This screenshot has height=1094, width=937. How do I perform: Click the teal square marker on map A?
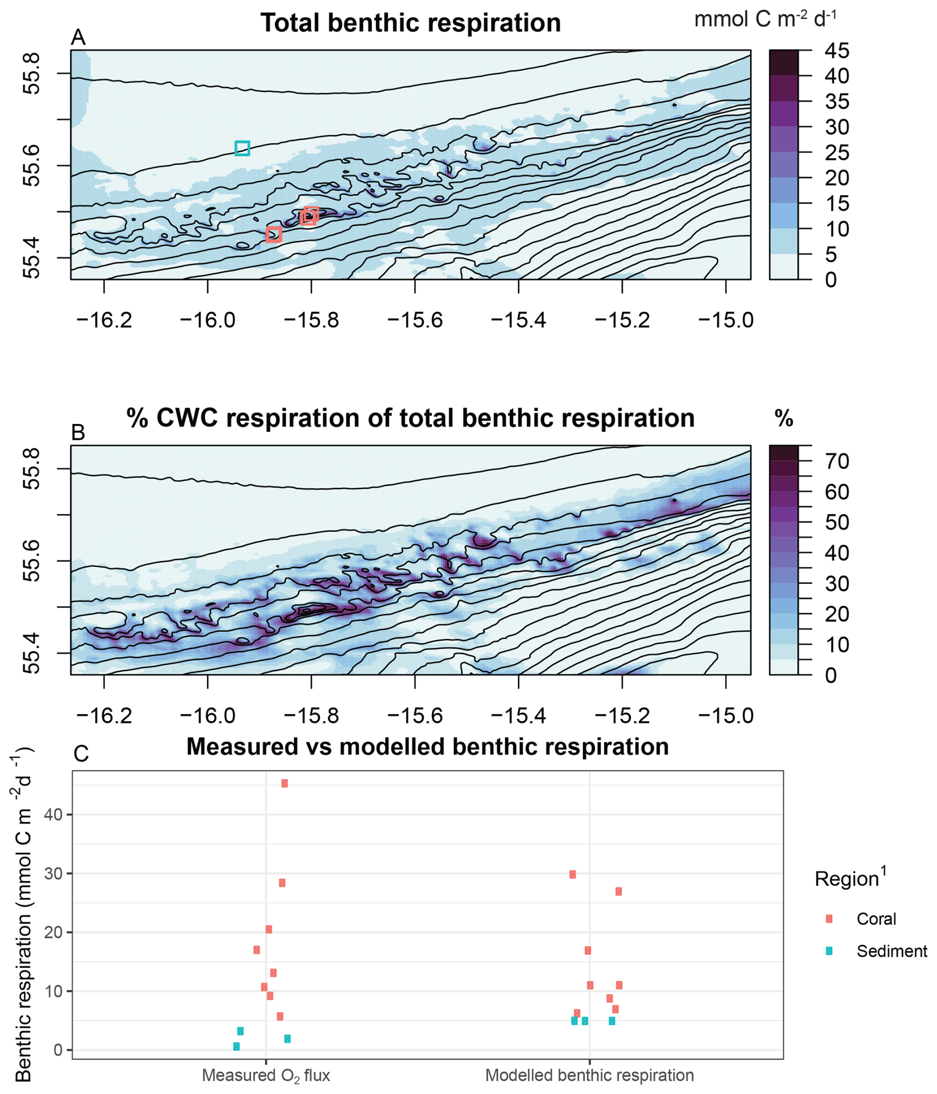click(x=242, y=149)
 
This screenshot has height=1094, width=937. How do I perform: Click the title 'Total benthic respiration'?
click(x=410, y=23)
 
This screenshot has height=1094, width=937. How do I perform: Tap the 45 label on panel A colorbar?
click(x=836, y=51)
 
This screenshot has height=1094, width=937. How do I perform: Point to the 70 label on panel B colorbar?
click(x=836, y=462)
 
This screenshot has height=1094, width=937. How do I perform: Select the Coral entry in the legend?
click(x=876, y=919)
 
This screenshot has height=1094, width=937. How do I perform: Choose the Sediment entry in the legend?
click(x=891, y=951)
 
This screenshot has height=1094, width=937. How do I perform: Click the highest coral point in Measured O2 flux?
click(x=285, y=783)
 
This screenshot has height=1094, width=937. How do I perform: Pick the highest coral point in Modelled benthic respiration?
click(x=572, y=874)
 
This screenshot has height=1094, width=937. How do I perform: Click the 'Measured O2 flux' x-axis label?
click(x=265, y=1075)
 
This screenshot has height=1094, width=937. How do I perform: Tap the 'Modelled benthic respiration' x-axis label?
click(x=589, y=1075)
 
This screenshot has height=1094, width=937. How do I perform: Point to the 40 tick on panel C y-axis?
click(x=53, y=814)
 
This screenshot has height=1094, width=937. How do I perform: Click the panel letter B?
click(x=78, y=432)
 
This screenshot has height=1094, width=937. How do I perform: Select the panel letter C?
click(x=81, y=754)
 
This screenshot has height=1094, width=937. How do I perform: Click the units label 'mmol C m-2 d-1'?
click(x=765, y=19)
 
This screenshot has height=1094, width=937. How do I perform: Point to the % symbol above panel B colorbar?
click(x=783, y=418)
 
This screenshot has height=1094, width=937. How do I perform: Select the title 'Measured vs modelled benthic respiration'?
click(x=427, y=746)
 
